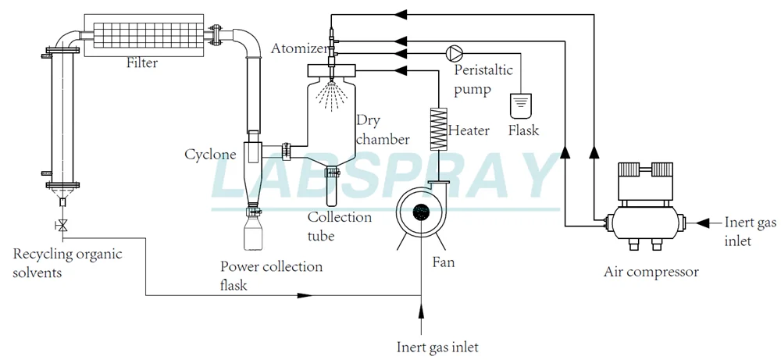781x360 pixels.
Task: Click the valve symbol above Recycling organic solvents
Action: [x=62, y=226]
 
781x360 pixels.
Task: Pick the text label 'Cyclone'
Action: [x=210, y=155]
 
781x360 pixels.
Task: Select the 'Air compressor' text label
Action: [x=651, y=273]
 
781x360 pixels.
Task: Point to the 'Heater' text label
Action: [x=469, y=130]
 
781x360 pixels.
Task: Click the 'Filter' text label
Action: [x=141, y=63]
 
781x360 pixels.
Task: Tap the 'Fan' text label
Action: [x=443, y=262]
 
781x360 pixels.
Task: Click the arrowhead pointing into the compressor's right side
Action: [x=701, y=223]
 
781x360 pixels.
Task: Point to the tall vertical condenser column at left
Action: [x=62, y=117]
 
